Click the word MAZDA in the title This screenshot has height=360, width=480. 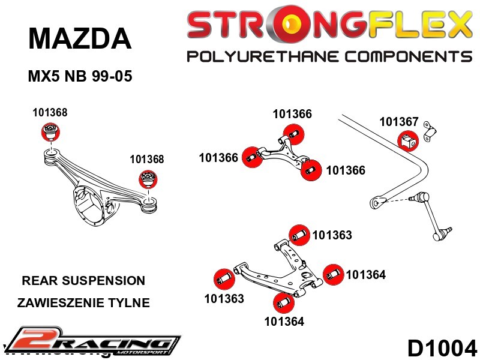(x=79, y=39)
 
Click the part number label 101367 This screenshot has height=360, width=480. (x=398, y=122)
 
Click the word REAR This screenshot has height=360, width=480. (x=37, y=281)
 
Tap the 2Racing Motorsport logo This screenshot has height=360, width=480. (x=90, y=341)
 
